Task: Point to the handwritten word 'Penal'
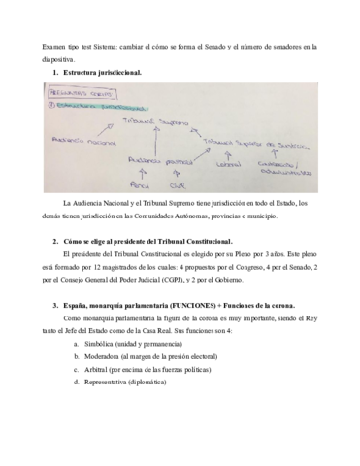pyautogui.click(x=136, y=182)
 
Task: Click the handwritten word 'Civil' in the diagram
pyautogui.click(x=175, y=182)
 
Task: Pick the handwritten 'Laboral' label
pyautogui.click(x=228, y=164)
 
